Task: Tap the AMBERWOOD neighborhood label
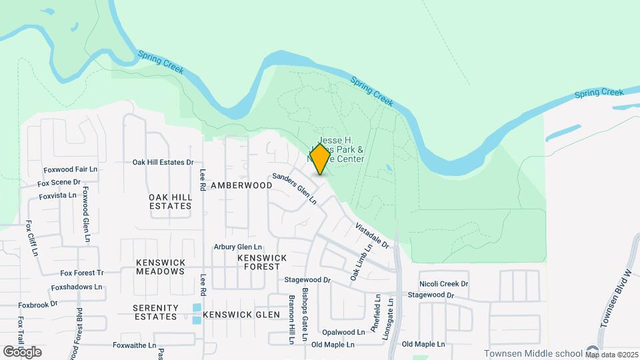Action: (x=241, y=185)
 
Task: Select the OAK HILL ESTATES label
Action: (x=170, y=201)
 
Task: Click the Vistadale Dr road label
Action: (x=372, y=236)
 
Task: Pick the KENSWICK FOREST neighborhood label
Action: (x=262, y=262)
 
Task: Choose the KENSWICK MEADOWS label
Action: (x=161, y=267)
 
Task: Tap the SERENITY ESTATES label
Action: (x=155, y=312)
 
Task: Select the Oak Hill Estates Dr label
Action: (x=163, y=162)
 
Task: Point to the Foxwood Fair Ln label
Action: (x=70, y=170)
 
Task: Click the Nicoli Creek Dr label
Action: (x=444, y=284)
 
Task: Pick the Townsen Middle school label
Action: (x=533, y=353)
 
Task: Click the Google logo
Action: (x=22, y=351)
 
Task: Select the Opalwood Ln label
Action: (x=343, y=331)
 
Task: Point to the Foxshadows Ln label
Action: (x=77, y=287)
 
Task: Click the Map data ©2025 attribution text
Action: (x=611, y=355)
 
